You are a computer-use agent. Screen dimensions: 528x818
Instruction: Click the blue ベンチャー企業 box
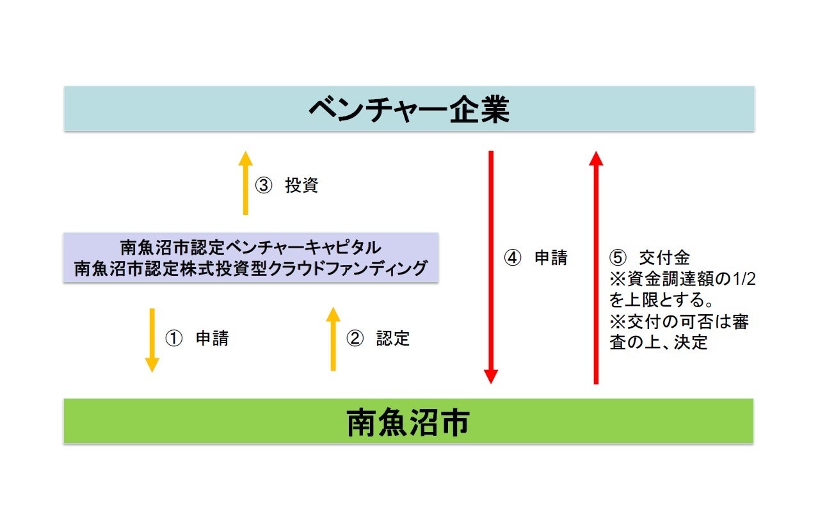coord(408,109)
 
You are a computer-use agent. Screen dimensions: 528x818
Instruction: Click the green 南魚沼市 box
coord(408,421)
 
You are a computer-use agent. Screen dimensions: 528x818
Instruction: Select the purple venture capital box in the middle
coord(250,257)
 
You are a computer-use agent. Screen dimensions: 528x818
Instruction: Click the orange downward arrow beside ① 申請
coord(152,340)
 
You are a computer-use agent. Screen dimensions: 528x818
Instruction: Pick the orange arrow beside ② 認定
coord(333,339)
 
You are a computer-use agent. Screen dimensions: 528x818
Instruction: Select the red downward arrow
coord(491,267)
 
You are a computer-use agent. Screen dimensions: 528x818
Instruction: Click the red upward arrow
coord(596,267)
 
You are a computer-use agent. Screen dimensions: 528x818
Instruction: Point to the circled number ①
coord(174,339)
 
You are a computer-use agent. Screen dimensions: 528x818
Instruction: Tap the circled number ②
coord(355,339)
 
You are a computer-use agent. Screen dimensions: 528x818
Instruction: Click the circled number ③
coord(264,186)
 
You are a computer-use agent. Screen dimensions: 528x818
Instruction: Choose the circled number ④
coord(513,258)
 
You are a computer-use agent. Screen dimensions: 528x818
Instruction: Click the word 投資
coord(301,186)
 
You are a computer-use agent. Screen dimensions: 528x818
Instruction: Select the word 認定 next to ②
coord(392,339)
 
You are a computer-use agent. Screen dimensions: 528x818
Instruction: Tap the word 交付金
coord(664,258)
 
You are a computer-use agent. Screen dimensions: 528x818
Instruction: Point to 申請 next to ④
coord(551,258)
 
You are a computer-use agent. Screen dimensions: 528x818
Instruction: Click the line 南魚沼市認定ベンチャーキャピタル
coord(250,247)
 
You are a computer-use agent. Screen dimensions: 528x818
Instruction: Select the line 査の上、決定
coord(659,342)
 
